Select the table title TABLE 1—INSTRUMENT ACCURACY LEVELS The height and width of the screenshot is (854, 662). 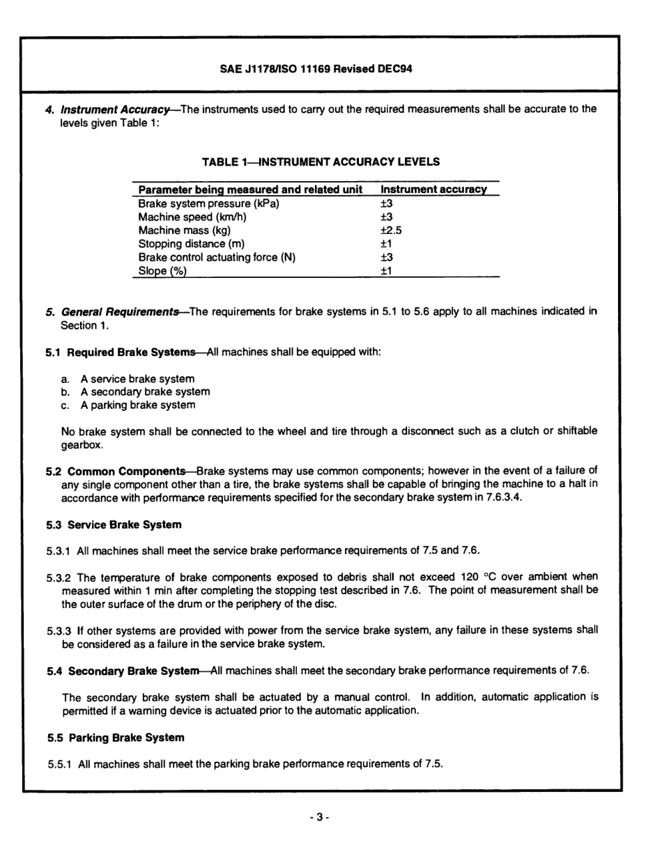point(321,162)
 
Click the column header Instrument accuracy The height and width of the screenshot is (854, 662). point(433,189)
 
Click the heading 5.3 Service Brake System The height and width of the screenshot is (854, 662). point(114,525)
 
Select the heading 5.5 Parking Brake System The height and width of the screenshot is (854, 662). point(116,738)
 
